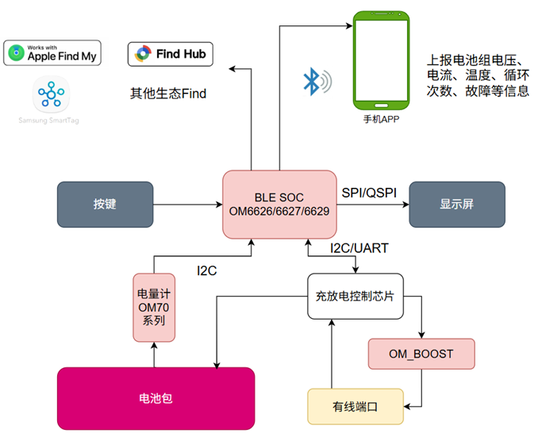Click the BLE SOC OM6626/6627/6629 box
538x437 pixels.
tap(279, 204)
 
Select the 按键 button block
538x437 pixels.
tap(105, 204)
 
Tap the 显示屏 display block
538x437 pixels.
tap(456, 204)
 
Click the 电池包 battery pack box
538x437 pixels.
tap(156, 398)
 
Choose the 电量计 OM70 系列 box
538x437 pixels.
tap(154, 307)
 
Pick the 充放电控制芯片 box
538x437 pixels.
tap(360, 297)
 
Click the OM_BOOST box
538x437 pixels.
tap(421, 353)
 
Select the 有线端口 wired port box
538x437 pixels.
tap(355, 405)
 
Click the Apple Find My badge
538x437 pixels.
tap(53, 54)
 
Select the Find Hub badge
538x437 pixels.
tap(170, 54)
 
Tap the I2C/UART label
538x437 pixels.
tap(358, 248)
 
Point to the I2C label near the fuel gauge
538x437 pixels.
tap(207, 270)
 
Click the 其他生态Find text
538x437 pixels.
tap(168, 94)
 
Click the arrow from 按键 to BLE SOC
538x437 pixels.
tap(187, 205)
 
